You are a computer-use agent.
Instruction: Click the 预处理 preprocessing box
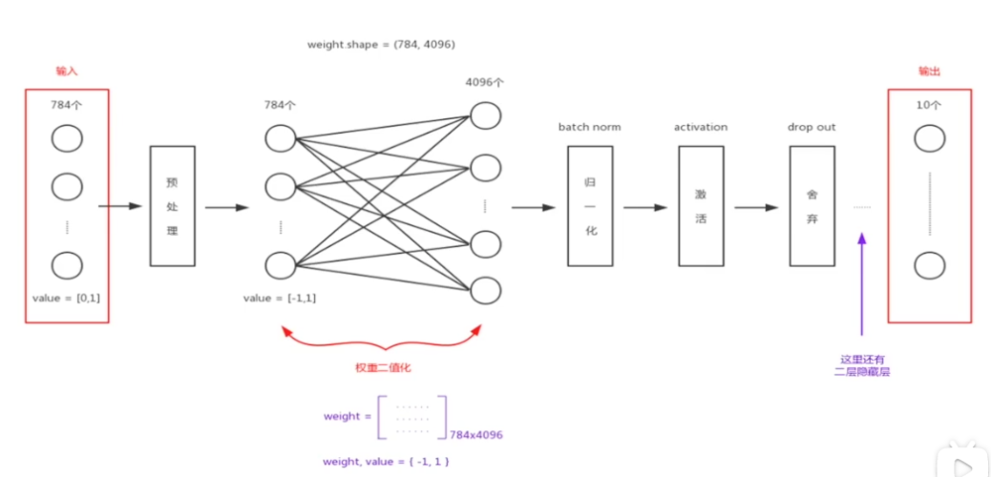click(x=172, y=205)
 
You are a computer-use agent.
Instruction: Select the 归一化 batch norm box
click(x=590, y=205)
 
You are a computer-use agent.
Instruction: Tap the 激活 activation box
click(x=702, y=205)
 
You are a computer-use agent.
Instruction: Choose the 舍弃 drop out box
click(x=812, y=205)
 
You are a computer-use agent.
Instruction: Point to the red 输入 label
click(x=66, y=72)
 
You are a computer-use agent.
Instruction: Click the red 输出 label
click(x=929, y=72)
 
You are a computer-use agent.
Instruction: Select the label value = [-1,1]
click(x=280, y=298)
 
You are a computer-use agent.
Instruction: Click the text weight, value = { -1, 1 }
click(x=386, y=462)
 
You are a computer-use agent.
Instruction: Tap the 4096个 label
click(x=485, y=82)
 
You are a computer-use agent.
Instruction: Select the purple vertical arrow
click(x=862, y=286)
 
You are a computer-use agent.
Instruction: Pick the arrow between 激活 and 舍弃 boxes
click(x=756, y=206)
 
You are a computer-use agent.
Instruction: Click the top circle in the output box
click(x=929, y=139)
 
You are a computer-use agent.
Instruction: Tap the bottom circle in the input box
click(x=66, y=265)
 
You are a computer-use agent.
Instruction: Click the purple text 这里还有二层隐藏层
click(x=862, y=365)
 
